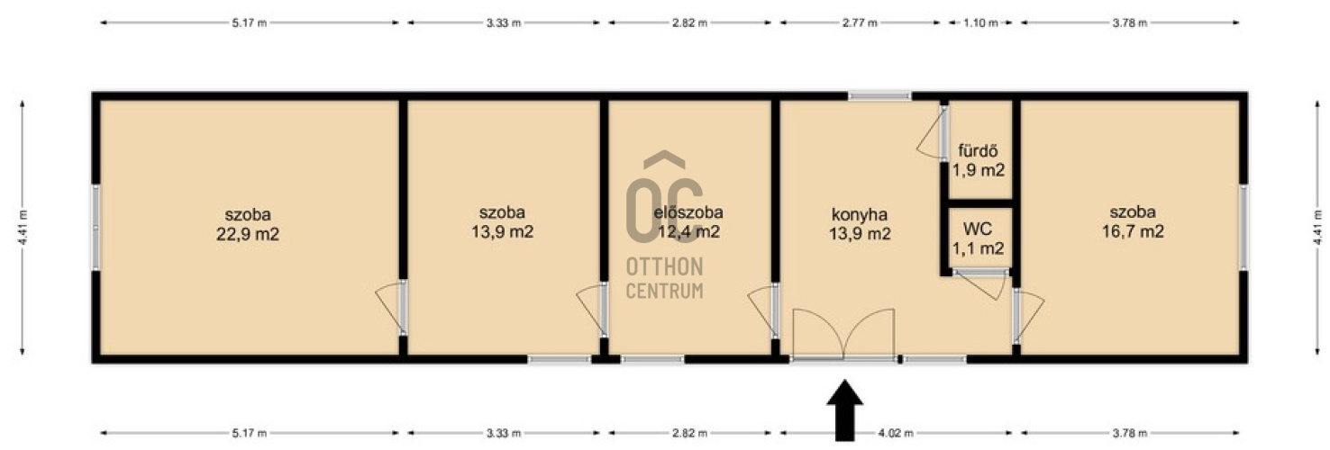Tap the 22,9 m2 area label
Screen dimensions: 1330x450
[x=248, y=234]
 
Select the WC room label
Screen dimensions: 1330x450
[x=978, y=229]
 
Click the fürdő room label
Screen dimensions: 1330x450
[x=978, y=150]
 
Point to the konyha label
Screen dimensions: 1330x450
[x=859, y=214]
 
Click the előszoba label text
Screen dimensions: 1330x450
[x=688, y=211]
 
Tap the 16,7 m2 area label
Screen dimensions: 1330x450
[x=1133, y=231]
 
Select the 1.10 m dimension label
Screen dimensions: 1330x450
[x=980, y=23]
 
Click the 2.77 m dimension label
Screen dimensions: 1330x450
[x=860, y=23]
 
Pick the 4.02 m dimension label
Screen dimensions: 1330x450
[x=896, y=434]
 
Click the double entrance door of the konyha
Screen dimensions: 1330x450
[x=843, y=335]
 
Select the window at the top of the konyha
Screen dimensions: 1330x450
[x=879, y=95]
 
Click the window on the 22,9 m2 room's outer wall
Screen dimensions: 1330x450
[x=96, y=228]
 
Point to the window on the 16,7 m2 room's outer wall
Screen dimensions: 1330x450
[x=1243, y=228]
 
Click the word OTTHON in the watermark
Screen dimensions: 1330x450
[x=664, y=266]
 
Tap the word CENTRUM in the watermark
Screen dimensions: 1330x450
[x=664, y=291]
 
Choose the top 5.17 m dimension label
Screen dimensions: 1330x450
[x=250, y=23]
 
